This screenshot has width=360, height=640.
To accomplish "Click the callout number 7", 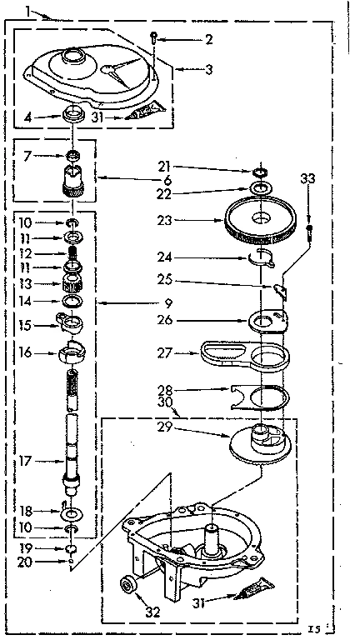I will pyautogui.click(x=27, y=155).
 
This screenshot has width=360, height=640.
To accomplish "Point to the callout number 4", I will pyautogui.click(x=27, y=118).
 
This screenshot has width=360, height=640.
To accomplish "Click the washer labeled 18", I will pyautogui.click(x=71, y=513).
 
